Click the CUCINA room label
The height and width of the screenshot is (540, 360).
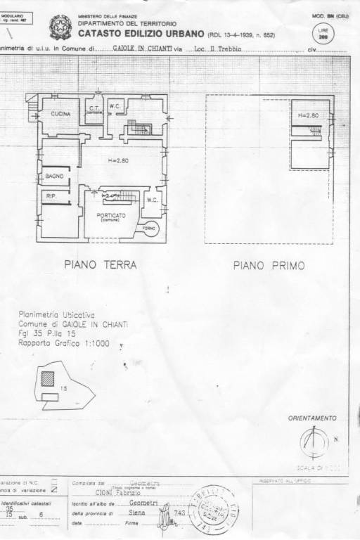pyautogui.click(x=60, y=113)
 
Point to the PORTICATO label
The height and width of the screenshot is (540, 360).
pyautogui.click(x=112, y=215)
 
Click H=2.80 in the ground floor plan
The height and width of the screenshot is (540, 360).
pyautogui.click(x=120, y=161)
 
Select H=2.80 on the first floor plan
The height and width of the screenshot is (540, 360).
pyautogui.click(x=309, y=115)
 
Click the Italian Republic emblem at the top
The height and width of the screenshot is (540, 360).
pyautogui.click(x=58, y=27)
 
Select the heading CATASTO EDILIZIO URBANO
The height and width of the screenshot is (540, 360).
pyautogui.click(x=141, y=34)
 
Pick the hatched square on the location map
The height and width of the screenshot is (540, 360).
pyautogui.click(x=47, y=378)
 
